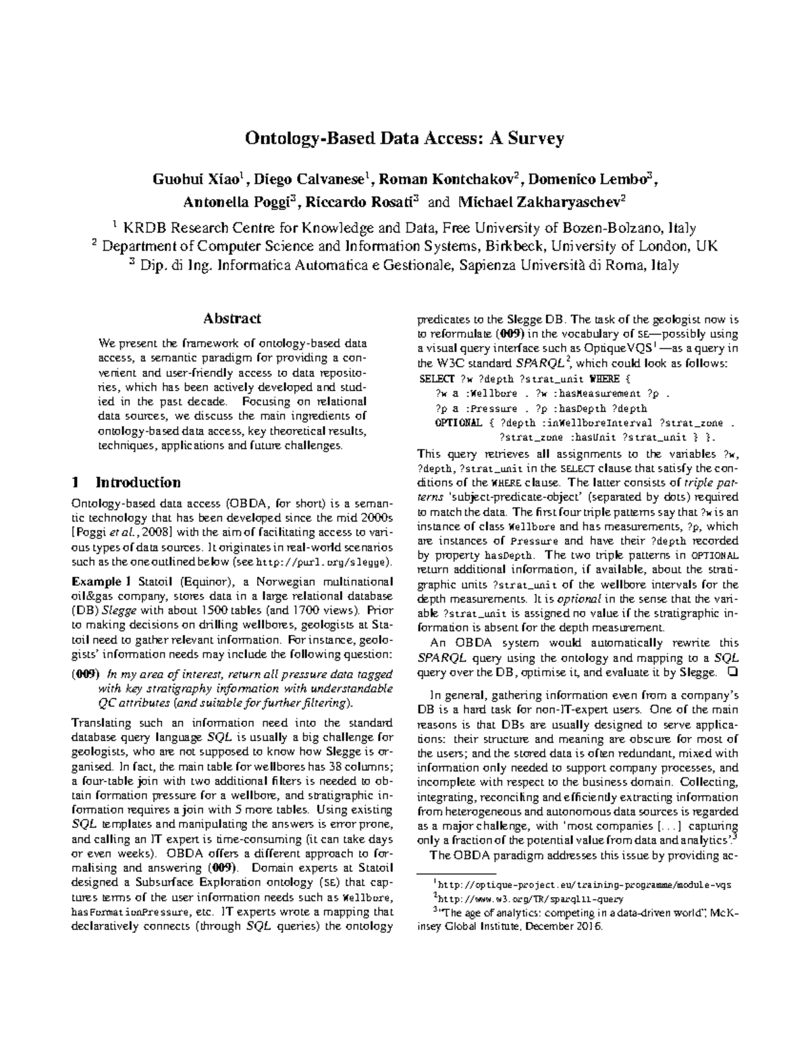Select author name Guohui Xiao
click(196, 180)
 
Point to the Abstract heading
click(232, 318)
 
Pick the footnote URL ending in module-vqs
click(585, 884)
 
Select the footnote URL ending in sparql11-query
click(531, 898)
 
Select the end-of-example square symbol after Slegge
click(732, 672)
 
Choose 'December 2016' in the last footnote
click(572, 927)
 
